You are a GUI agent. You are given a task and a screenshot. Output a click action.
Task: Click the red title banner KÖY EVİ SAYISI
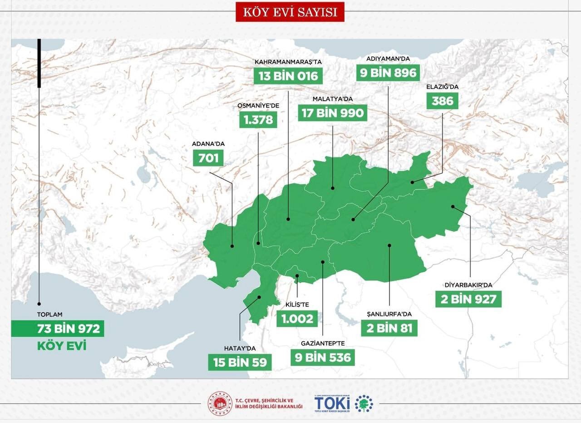coord(290,12)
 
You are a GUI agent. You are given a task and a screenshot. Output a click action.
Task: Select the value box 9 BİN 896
coord(387,73)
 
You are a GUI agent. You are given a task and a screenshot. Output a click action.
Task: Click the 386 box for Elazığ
coord(443,100)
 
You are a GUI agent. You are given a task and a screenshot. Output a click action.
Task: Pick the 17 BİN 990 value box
coord(333,113)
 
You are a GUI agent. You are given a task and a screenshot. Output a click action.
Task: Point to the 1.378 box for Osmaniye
coord(258,120)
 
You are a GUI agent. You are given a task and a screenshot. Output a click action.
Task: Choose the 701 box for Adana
coord(208,158)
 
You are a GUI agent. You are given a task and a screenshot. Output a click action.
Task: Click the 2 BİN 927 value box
coord(468,300)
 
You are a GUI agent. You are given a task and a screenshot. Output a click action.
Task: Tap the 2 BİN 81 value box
coord(389,328)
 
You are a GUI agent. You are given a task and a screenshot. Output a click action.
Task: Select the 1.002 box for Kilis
coord(297,319)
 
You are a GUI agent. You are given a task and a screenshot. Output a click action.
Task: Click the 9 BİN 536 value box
coord(322,358)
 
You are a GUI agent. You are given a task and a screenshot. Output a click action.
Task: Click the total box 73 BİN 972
coord(58,329)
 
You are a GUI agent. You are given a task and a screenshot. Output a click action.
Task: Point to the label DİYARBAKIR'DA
coord(468,285)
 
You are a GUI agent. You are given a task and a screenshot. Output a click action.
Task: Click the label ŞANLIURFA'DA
coord(389,314)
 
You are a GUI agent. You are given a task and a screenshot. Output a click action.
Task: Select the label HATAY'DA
coord(240,348)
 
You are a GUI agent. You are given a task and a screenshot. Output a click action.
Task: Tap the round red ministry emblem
coord(220,403)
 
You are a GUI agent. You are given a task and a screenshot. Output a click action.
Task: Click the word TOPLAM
coord(49,314)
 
